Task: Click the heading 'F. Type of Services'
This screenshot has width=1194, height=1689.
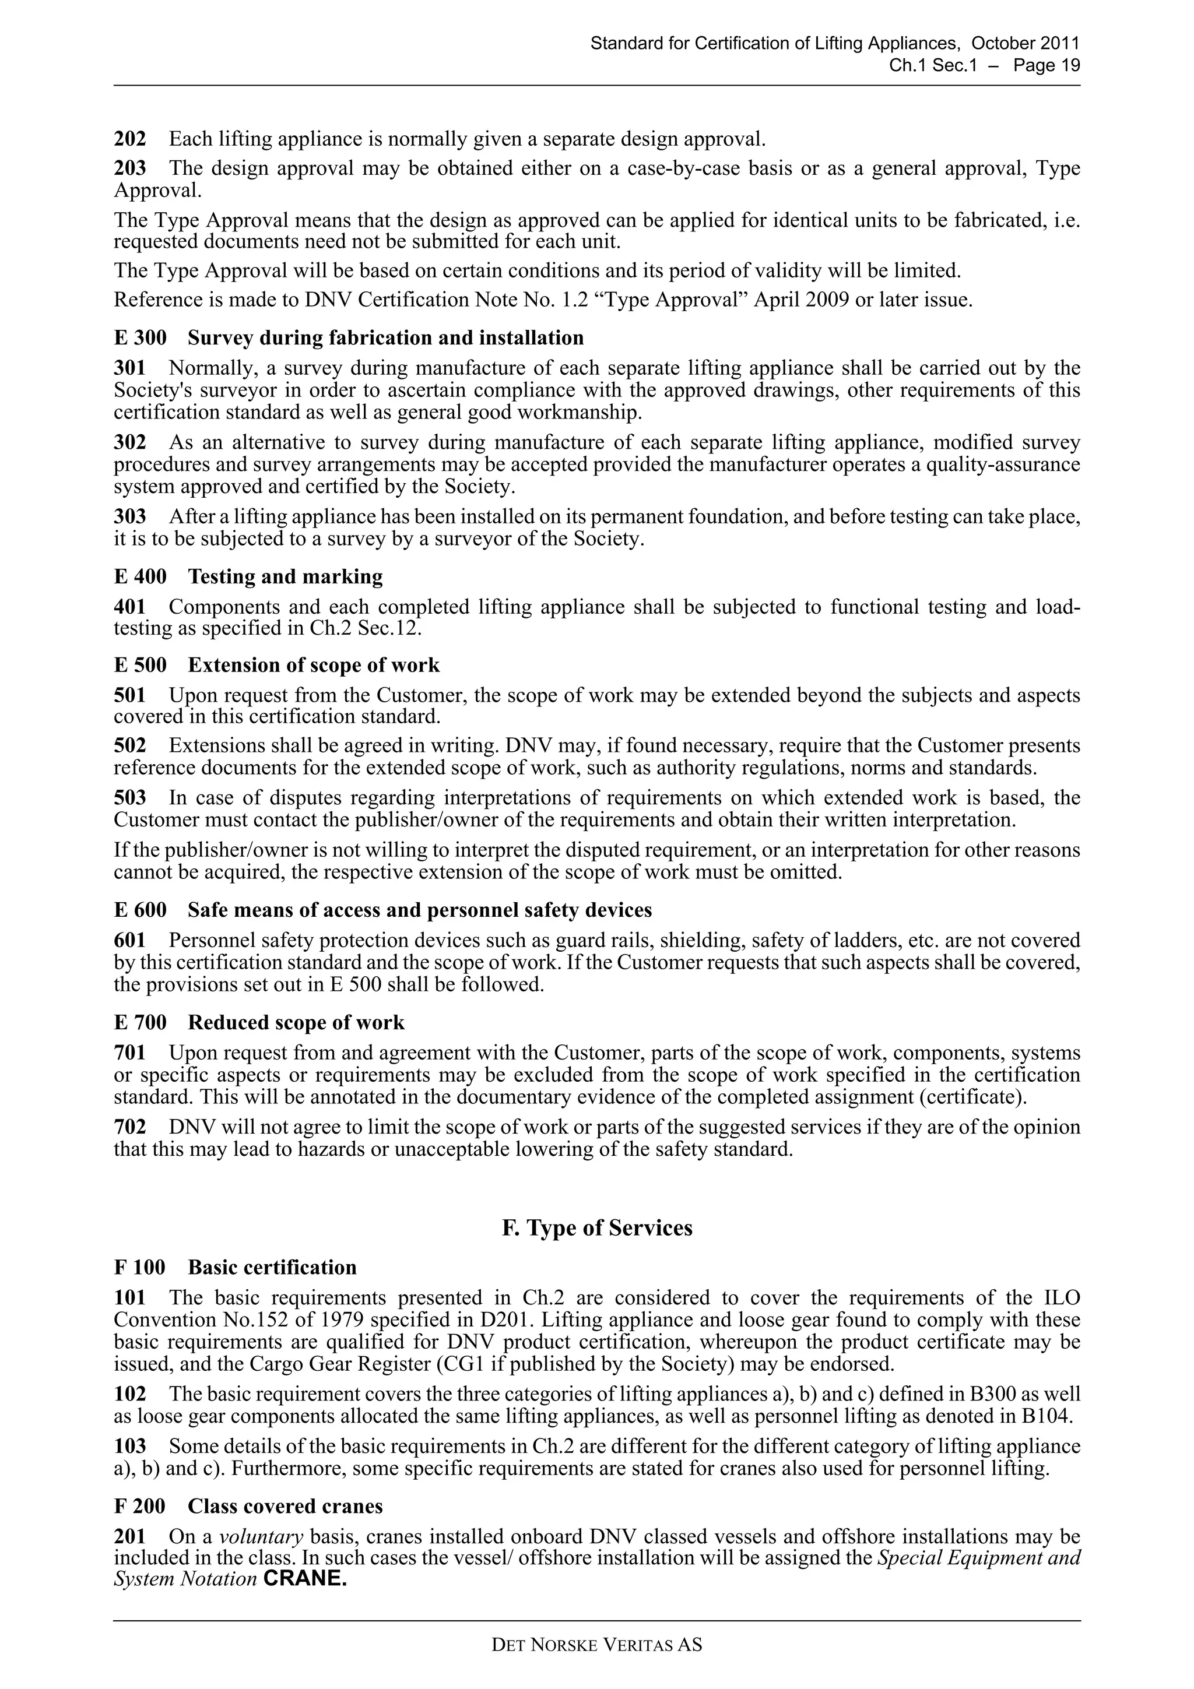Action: [596, 1228]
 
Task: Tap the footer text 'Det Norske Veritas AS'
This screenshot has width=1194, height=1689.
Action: [596, 1645]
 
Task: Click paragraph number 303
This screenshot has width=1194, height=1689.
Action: [129, 517]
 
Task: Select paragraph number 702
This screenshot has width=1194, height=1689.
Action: [129, 1127]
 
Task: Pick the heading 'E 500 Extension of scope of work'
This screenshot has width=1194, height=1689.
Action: [276, 665]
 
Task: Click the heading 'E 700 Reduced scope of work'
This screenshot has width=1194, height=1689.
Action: [259, 1022]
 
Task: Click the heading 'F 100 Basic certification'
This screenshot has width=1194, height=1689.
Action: [236, 1267]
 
